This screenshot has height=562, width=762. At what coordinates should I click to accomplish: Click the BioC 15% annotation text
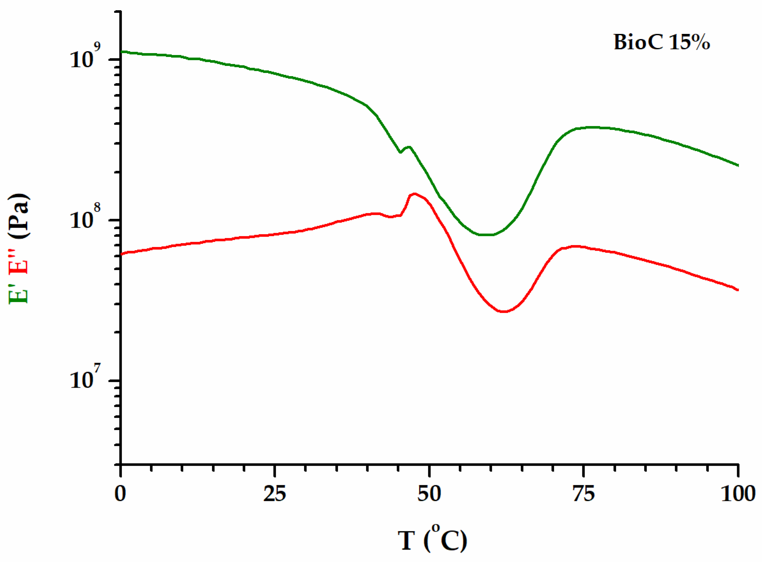point(661,43)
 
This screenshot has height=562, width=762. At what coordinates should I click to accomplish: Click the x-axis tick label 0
point(120,494)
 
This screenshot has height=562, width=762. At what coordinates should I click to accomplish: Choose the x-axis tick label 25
point(275,494)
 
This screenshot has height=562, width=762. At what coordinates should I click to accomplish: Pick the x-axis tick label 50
point(429,494)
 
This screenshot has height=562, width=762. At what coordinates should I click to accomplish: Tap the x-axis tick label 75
point(584,494)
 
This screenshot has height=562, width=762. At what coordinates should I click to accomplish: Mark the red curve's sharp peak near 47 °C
point(414,194)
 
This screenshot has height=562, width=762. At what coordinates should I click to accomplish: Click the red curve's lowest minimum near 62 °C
point(504,311)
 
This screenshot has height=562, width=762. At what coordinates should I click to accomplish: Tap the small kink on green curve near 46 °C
point(400,152)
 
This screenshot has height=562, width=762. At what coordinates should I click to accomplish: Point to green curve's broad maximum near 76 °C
point(593,127)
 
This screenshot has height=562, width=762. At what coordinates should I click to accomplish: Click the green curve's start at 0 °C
point(122,52)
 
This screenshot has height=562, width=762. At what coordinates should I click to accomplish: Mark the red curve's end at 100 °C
point(737,290)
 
